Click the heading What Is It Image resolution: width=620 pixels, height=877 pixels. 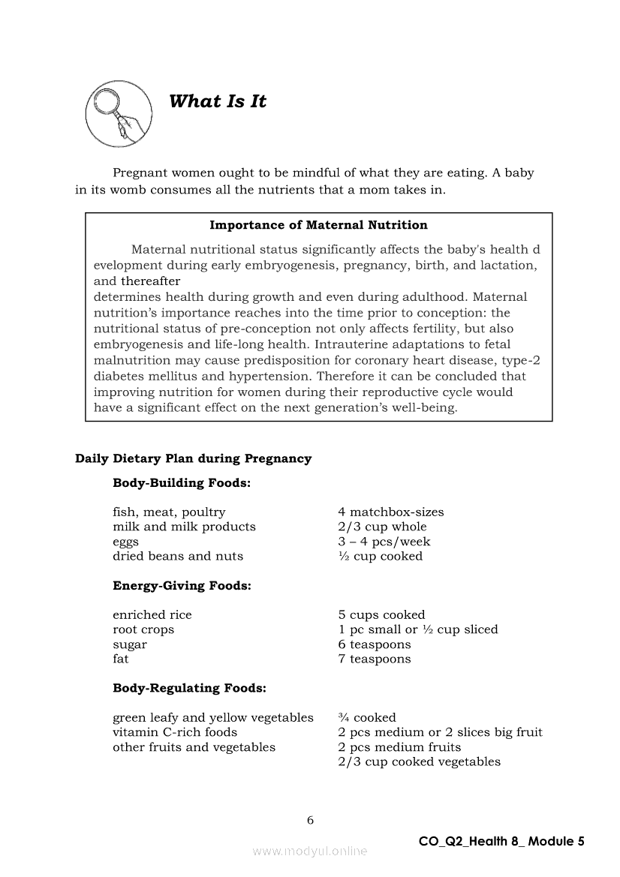pos(218,102)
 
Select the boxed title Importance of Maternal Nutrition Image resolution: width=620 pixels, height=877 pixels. pos(318,225)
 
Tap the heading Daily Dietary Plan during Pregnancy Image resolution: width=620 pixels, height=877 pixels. pos(193,458)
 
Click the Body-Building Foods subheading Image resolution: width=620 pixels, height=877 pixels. pos(182,483)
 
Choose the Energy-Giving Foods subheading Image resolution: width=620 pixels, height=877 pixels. pos(182,586)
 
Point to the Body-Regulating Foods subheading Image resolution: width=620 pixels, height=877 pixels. pos(189,688)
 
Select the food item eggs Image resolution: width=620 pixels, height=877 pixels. pos(125,542)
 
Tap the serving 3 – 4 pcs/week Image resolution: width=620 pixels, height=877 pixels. pos(384,542)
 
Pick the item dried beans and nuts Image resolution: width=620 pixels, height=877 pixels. pos(178,557)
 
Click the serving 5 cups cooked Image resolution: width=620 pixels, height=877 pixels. pos(381,615)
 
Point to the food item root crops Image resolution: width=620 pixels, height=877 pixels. pos(143,630)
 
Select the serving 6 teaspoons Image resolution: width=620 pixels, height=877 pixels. pos(375,644)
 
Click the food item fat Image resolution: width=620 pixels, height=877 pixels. pos(121,659)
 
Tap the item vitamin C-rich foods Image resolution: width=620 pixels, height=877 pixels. pos(175,732)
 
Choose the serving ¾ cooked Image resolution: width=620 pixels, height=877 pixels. pos(367,718)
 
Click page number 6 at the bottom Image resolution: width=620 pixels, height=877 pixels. pos(310,820)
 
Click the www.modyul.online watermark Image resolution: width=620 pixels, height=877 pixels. pos(310,851)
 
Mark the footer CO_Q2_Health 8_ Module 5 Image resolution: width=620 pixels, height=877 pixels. pos(501,842)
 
